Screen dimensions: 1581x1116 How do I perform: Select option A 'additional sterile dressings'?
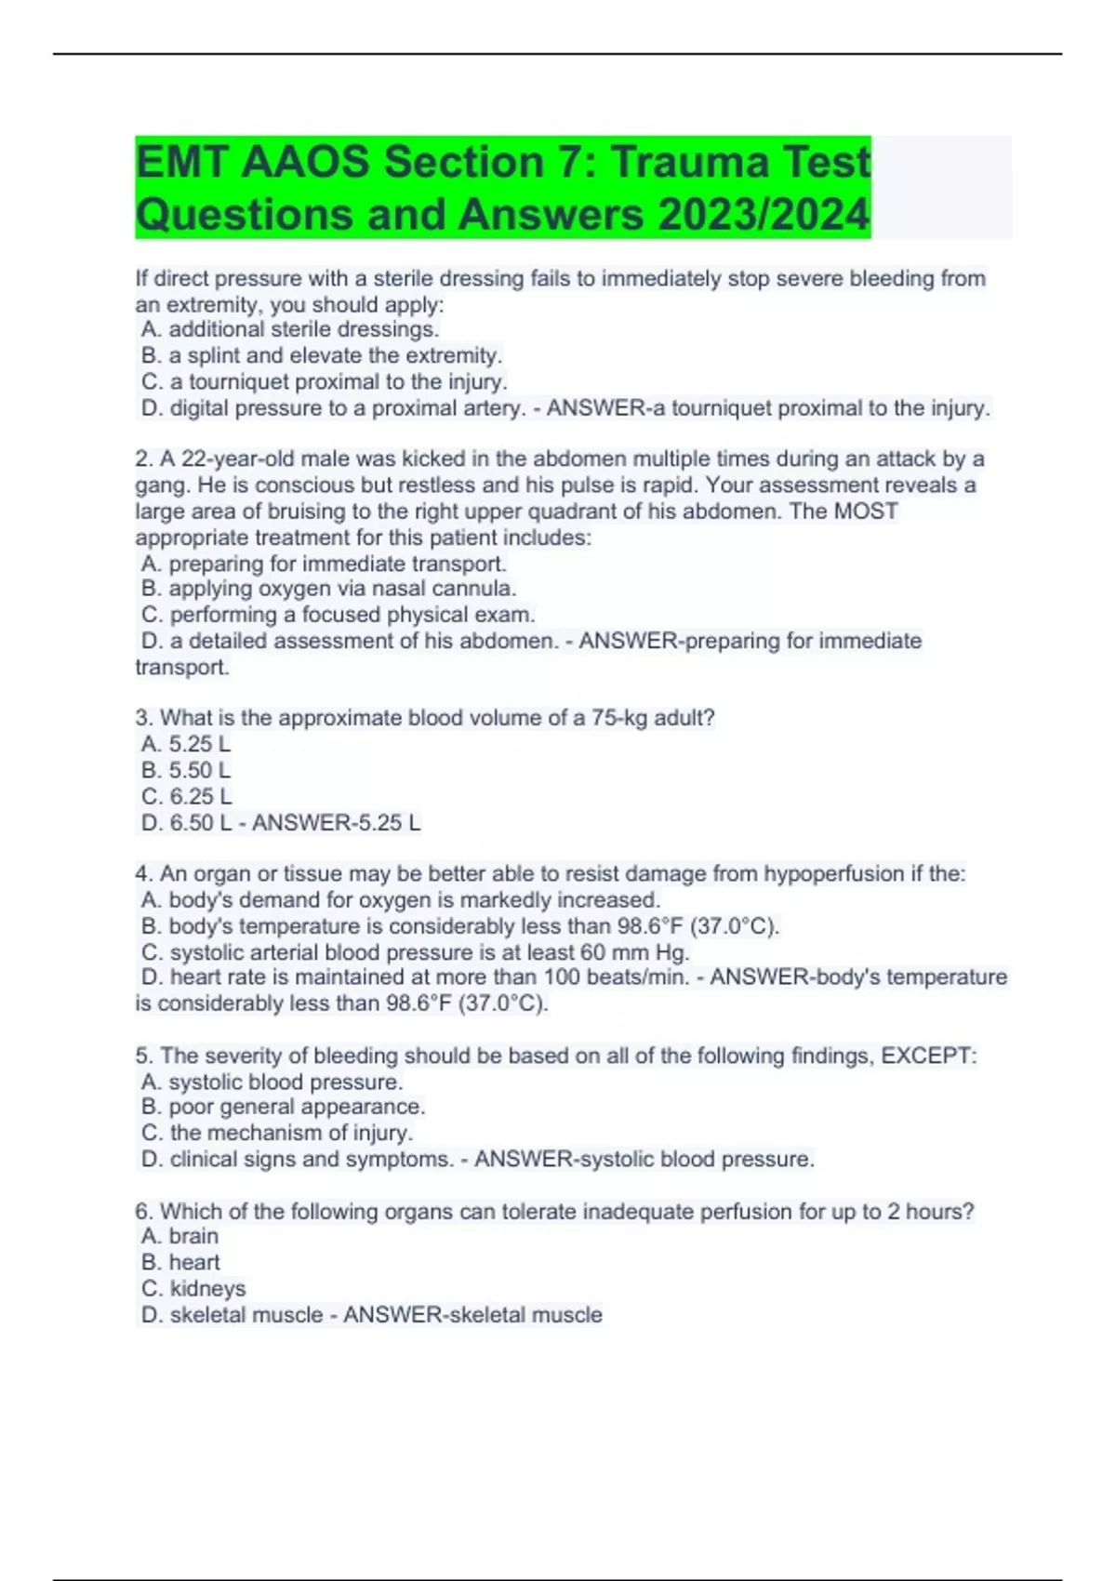click(290, 329)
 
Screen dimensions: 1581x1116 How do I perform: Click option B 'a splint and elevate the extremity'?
click(322, 355)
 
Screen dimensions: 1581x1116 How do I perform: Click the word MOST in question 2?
click(866, 511)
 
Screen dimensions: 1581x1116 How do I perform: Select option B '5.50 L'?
click(186, 770)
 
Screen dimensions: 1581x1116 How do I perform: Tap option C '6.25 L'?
click(186, 796)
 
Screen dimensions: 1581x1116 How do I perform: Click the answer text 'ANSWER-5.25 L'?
click(336, 822)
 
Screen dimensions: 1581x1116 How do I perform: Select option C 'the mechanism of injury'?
click(277, 1133)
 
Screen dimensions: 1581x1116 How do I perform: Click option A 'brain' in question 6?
click(180, 1236)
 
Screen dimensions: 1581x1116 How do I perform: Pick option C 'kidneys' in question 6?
click(193, 1288)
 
